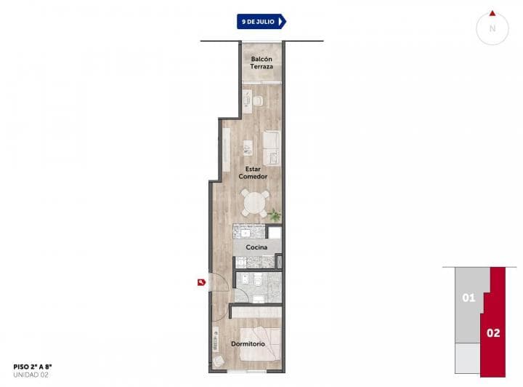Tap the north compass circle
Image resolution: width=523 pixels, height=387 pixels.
click(492, 28)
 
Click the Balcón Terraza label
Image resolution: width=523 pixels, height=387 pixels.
click(261, 63)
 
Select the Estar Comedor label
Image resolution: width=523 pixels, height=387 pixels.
click(256, 172)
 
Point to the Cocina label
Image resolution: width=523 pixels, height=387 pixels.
click(256, 247)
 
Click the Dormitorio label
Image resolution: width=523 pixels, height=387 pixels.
click(248, 343)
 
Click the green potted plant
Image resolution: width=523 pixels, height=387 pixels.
click(275, 215)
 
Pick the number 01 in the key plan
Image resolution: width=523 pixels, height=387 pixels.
click(469, 298)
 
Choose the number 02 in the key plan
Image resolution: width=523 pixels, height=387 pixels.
click(494, 333)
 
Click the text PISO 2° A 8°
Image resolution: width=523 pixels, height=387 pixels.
click(33, 367)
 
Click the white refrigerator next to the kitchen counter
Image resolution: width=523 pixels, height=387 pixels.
click(274, 233)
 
